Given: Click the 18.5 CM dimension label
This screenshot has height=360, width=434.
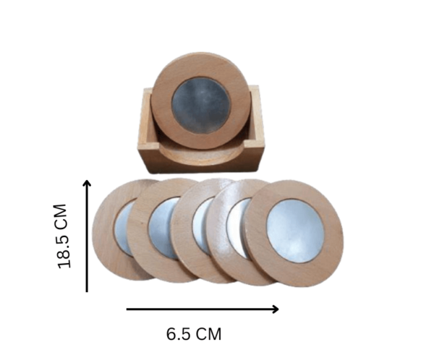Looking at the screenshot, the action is [x=62, y=236].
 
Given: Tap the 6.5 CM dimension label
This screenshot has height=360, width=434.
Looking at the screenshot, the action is [x=194, y=334].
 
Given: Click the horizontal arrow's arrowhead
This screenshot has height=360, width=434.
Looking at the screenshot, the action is [x=276, y=309].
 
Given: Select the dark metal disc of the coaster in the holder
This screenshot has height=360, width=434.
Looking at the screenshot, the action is [x=201, y=106].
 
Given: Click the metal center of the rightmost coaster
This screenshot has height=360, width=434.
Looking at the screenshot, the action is [x=296, y=231].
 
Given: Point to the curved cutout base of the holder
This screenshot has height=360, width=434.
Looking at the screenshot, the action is [x=200, y=155].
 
